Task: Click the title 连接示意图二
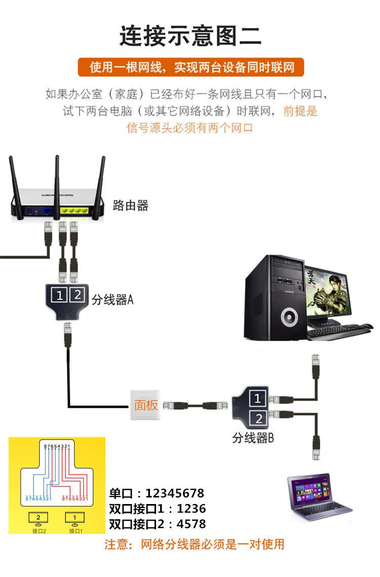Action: pyautogui.click(x=190, y=36)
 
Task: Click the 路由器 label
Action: pyautogui.click(x=130, y=205)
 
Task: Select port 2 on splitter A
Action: pyautogui.click(x=76, y=294)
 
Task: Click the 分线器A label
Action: pyautogui.click(x=112, y=300)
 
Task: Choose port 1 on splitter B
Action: pyautogui.click(x=258, y=399)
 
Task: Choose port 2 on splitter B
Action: pyautogui.click(x=258, y=418)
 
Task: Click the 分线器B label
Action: pyautogui.click(x=253, y=438)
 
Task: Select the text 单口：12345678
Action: pyautogui.click(x=157, y=493)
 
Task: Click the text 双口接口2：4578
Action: pyautogui.click(x=158, y=523)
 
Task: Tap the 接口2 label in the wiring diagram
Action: pyautogui.click(x=39, y=531)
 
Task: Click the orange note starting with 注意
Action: pyautogui.click(x=195, y=545)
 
